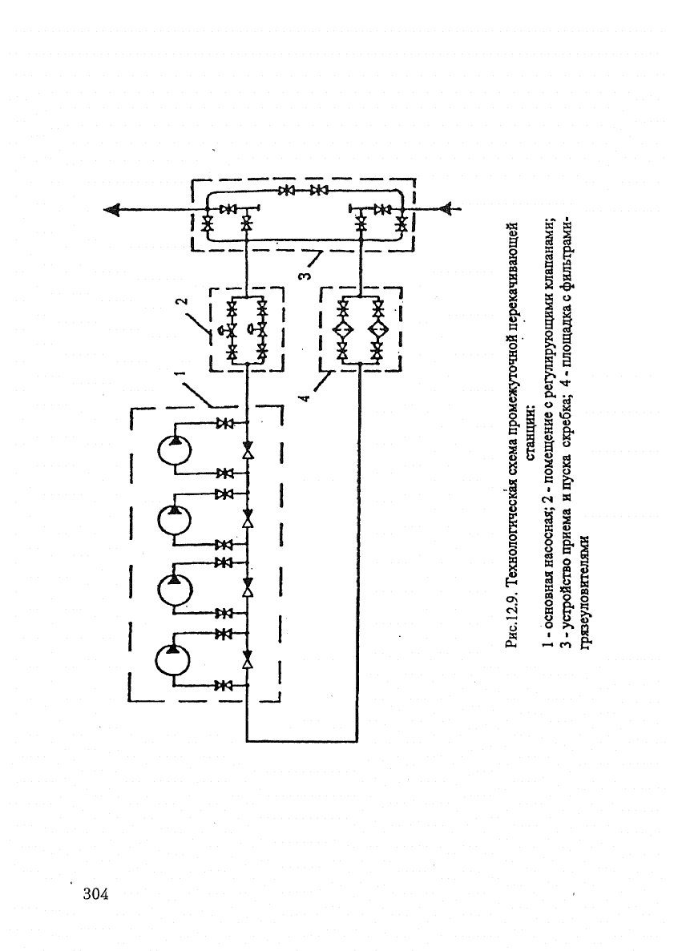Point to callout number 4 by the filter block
point(305,397)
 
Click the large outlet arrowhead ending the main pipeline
point(112,209)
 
